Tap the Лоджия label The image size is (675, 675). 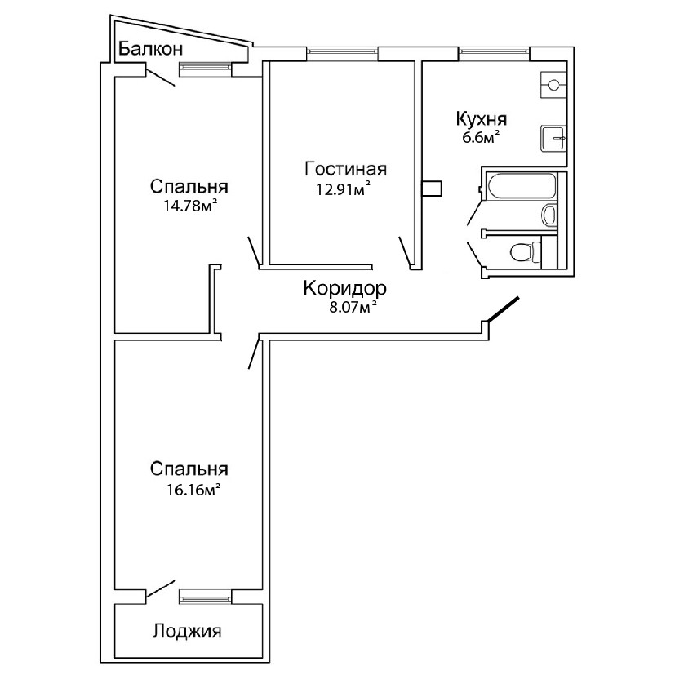coord(187,631)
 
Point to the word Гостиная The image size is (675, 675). coord(344,170)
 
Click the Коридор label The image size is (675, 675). coord(344,289)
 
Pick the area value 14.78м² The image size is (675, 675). coord(191,205)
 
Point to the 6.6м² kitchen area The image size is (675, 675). coord(481,138)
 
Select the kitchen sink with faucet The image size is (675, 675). coord(555,138)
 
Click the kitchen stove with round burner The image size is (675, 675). coord(555,84)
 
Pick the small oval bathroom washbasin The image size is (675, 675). coord(549,215)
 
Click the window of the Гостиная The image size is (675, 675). coord(342,53)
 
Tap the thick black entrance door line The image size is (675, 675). coord(501,311)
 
